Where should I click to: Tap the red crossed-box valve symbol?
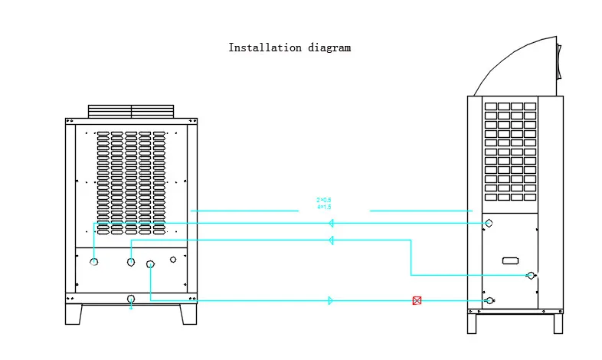[x=417, y=301]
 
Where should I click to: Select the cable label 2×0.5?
[x=324, y=201]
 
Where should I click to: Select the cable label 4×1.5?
[x=324, y=207]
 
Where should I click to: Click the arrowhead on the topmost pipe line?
[x=331, y=223]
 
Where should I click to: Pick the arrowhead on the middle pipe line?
[x=331, y=241]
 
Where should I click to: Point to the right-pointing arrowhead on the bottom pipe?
[x=331, y=301]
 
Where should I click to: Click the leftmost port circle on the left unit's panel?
[x=94, y=262]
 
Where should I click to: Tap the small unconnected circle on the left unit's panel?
[x=173, y=260]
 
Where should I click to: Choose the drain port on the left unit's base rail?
[x=131, y=299]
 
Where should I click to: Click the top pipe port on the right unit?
[x=489, y=223]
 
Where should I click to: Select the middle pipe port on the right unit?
[x=530, y=275]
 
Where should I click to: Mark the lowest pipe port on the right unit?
[x=489, y=300]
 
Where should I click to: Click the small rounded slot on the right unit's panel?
[x=511, y=260]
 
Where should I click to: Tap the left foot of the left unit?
[x=74, y=314]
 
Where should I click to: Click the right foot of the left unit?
[x=188, y=314]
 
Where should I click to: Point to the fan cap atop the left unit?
[x=131, y=112]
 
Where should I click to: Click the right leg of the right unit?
[x=558, y=322]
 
